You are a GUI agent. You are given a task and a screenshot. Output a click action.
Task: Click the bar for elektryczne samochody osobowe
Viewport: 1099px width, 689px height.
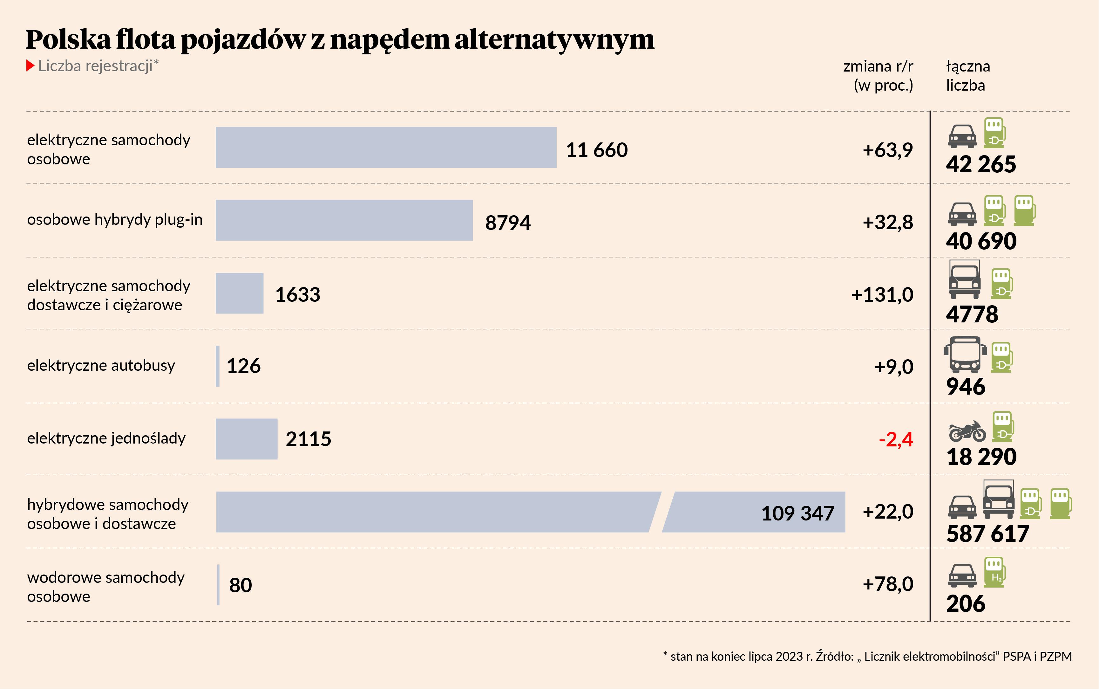pyautogui.click(x=386, y=147)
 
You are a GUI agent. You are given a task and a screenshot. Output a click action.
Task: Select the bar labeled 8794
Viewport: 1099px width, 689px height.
pyautogui.click(x=344, y=220)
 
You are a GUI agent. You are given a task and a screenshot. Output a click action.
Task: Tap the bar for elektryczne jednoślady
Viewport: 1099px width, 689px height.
pyautogui.click(x=246, y=439)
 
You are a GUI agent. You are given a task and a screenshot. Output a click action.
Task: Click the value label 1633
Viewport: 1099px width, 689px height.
pyautogui.click(x=298, y=295)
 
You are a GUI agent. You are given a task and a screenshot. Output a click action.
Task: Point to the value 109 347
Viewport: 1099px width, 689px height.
pyautogui.click(x=797, y=513)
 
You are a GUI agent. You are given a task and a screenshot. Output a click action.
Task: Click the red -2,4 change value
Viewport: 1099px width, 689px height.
pyautogui.click(x=895, y=439)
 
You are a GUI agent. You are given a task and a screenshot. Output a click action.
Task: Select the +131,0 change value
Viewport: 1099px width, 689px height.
pyautogui.click(x=882, y=295)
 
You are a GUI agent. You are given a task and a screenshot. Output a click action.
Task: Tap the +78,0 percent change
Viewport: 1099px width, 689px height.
pyautogui.click(x=888, y=584)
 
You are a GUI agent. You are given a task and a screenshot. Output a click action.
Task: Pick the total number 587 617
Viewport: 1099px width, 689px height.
pyautogui.click(x=987, y=534)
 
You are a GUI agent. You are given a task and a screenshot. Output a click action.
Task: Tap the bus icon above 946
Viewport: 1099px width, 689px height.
pyautogui.click(x=965, y=355)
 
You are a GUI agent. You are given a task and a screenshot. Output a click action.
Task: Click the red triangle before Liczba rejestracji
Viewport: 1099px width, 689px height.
pyautogui.click(x=30, y=65)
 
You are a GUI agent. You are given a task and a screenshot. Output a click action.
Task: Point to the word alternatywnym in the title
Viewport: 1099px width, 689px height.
pyautogui.click(x=554, y=40)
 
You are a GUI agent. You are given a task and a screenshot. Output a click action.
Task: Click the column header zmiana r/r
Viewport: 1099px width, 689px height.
pyautogui.click(x=878, y=66)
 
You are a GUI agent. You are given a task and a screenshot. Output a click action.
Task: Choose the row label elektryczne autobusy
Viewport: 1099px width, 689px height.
pyautogui.click(x=101, y=365)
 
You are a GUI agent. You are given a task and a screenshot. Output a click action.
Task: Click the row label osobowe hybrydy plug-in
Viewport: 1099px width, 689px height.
pyautogui.click(x=115, y=220)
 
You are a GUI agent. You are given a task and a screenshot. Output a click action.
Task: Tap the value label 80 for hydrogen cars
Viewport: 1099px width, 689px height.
pyautogui.click(x=241, y=585)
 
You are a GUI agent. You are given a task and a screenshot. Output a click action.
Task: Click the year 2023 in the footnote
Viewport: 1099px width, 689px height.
pyautogui.click(x=789, y=656)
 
